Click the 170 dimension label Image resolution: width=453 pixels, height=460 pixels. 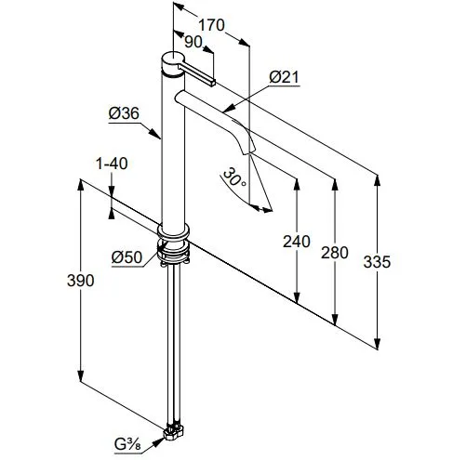[x=211, y=25]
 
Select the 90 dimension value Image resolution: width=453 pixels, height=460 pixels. [x=193, y=42]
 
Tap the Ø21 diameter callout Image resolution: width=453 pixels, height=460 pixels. [x=284, y=77]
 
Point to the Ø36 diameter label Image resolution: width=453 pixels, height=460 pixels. [x=124, y=113]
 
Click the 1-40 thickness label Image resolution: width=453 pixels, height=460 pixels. [x=112, y=164]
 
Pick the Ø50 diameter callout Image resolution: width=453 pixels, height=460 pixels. [x=127, y=257]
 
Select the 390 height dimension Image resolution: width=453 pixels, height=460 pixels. [x=81, y=281]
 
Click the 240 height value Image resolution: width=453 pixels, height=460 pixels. [x=297, y=242]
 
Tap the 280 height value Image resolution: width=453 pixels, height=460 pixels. [x=335, y=253]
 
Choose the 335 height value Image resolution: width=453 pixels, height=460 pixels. [x=377, y=262]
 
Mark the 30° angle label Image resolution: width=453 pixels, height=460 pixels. [x=234, y=177]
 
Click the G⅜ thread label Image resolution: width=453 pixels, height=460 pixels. [x=127, y=445]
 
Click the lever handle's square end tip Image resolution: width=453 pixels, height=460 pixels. [x=213, y=83]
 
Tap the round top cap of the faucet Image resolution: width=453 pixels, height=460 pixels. [x=173, y=59]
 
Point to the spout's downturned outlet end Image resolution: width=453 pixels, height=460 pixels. [x=249, y=151]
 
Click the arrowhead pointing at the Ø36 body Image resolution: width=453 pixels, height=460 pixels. [x=155, y=134]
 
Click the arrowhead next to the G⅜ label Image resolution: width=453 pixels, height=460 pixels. [x=158, y=441]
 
